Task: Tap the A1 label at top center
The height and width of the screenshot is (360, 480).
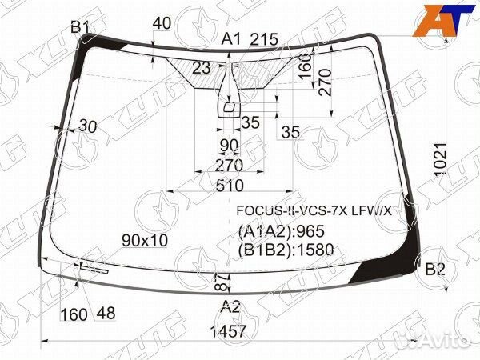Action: point(231,38)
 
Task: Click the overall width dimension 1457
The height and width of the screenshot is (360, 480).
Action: point(229,331)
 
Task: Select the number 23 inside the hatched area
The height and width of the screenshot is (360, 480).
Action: point(201,68)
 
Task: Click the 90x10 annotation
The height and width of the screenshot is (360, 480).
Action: point(145,241)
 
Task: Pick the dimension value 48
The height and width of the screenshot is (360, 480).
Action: point(106,314)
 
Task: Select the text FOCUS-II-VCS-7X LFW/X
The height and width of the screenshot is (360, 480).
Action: point(314,211)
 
